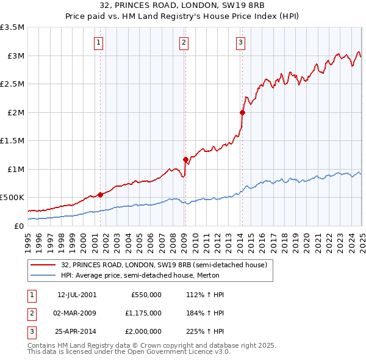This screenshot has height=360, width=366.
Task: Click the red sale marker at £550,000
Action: click(x=100, y=195)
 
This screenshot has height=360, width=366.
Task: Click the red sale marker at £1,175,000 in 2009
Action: click(x=185, y=159)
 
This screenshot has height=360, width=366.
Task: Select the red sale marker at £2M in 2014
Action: click(x=242, y=112)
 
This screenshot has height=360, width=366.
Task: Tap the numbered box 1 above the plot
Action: click(x=99, y=42)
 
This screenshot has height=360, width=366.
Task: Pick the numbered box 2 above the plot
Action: click(x=184, y=42)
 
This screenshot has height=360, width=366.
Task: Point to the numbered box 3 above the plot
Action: click(x=241, y=42)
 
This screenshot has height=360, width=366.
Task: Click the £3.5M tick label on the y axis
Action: click(x=12, y=27)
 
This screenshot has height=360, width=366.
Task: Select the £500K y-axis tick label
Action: click(x=12, y=198)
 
